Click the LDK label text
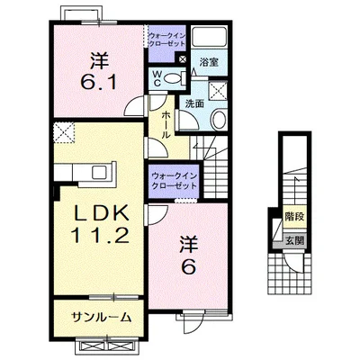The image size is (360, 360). pos(102,213)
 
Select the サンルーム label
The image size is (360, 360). pos(102,317)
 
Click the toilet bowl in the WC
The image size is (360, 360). pos(172,78)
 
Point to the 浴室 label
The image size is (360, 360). pos(209,62)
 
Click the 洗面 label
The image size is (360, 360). pos(194,103)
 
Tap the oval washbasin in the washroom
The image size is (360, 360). pos(220,120)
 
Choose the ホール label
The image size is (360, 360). pos(166,125)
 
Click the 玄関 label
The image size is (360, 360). pos(294,240)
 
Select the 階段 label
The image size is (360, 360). pos(294,216)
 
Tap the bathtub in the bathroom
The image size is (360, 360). pos(209,37)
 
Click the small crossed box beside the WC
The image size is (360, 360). pos(183,58)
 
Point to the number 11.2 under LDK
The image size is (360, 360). pos(100,235)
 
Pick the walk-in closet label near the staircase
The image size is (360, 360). pos(174,181)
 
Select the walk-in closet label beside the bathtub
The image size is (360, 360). pos(167,40)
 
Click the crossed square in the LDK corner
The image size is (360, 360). pos(64,132)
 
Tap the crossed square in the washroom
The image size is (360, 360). pos(218,90)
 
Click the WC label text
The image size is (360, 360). pos(157,78)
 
